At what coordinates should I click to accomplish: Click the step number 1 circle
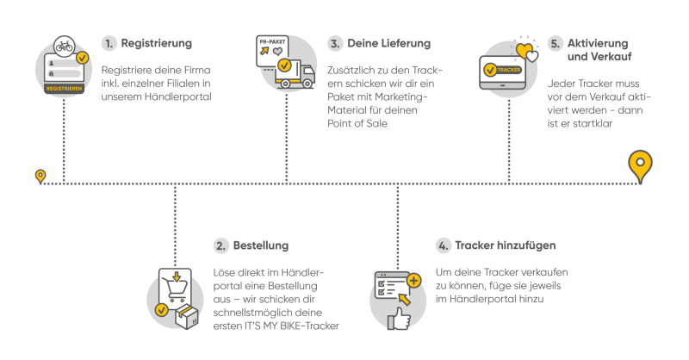pyautogui.click(x=108, y=42)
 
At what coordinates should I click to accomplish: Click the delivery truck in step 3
pyautogui.click(x=293, y=76)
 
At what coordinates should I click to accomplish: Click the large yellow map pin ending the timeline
pyautogui.click(x=638, y=164)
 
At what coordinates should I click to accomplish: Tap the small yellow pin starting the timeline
pyautogui.click(x=40, y=176)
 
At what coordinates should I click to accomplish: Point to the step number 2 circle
pyautogui.click(x=221, y=246)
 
